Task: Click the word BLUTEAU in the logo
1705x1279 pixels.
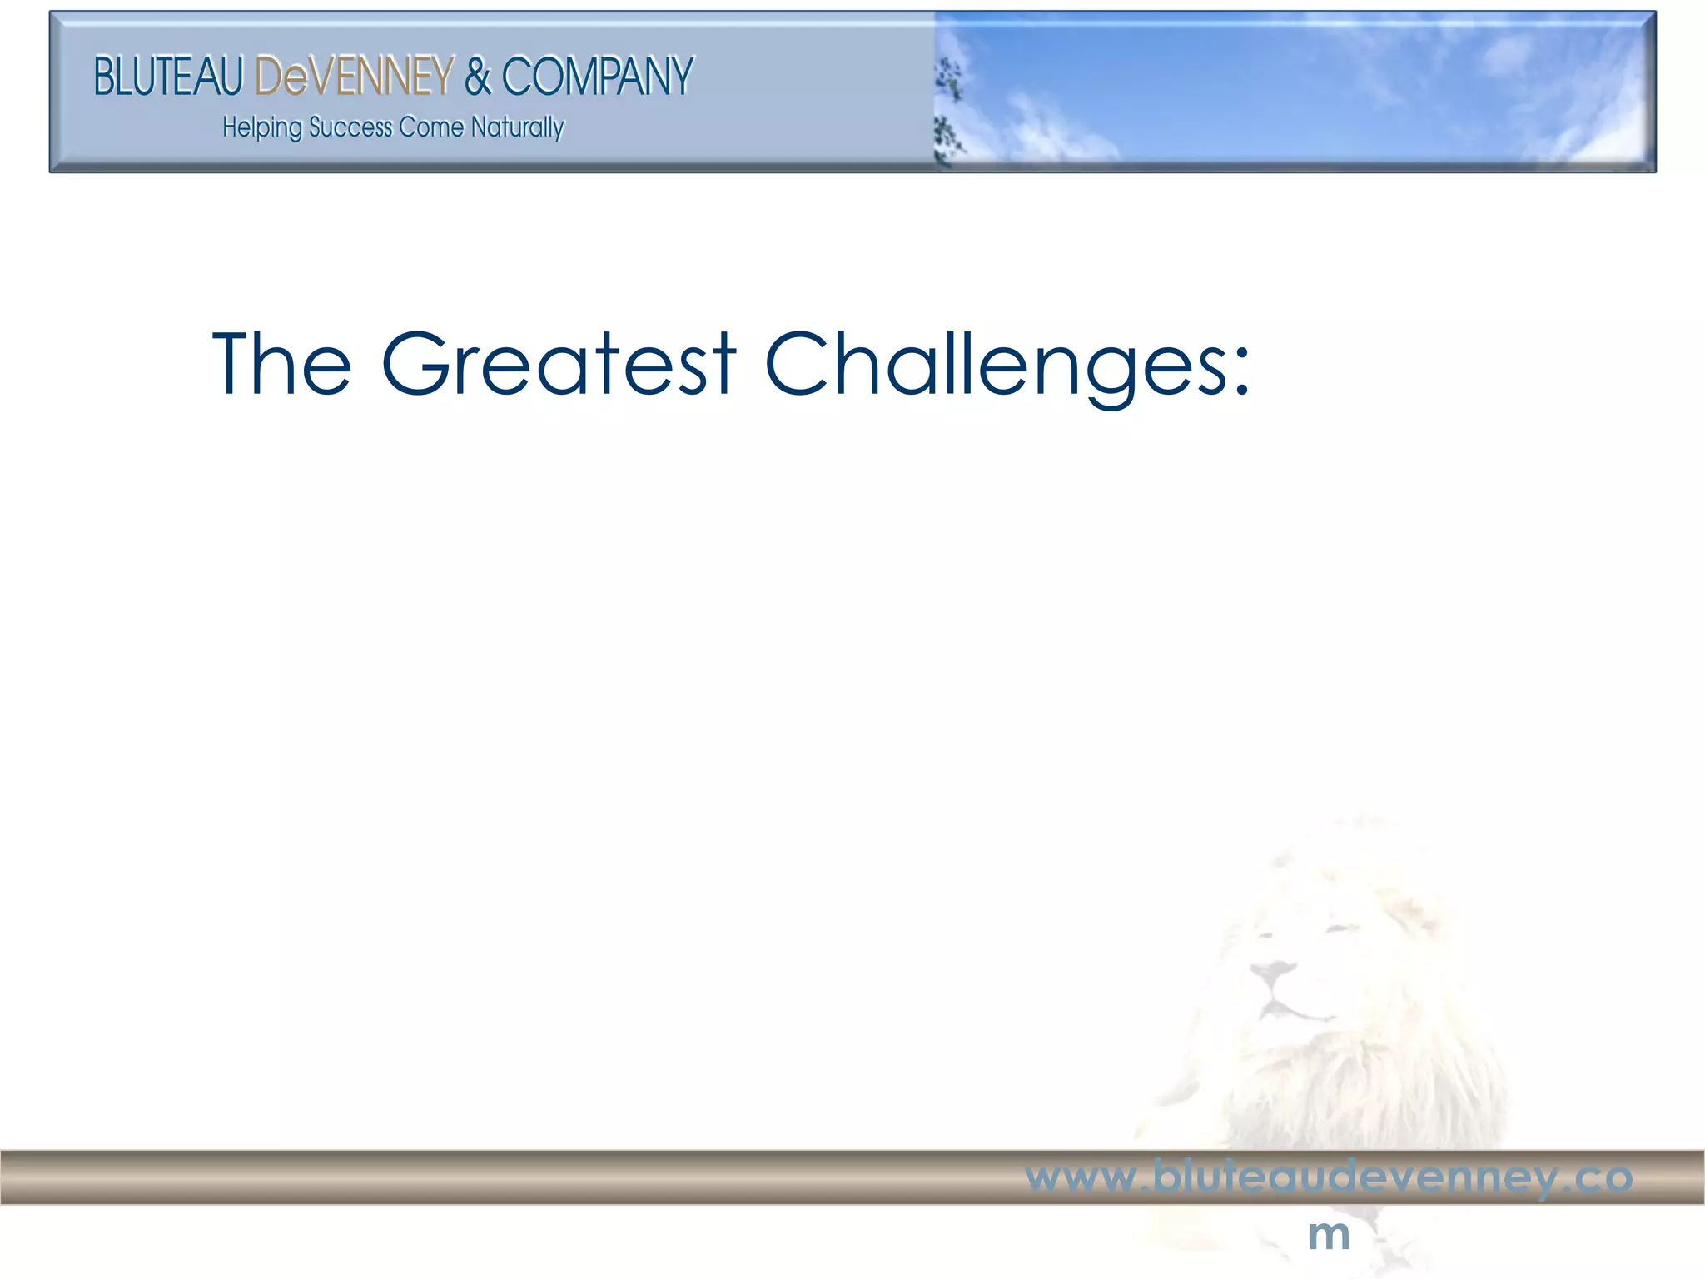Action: [x=167, y=77]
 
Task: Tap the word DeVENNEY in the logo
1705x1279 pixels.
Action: [x=354, y=77]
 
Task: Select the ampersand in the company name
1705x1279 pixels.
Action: [x=478, y=77]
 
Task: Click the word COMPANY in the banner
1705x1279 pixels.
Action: [x=597, y=77]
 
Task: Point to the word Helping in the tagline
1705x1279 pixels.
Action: [x=261, y=128]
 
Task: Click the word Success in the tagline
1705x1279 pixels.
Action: [x=350, y=127]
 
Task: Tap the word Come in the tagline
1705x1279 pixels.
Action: [x=430, y=127]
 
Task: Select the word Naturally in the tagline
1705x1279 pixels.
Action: [x=517, y=128]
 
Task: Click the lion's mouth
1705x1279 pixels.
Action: [x=1286, y=1011]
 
